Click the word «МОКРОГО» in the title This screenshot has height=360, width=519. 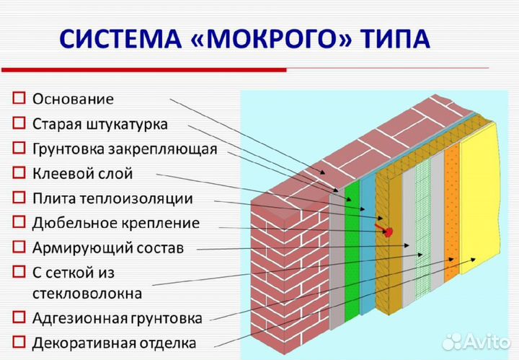tap(270, 39)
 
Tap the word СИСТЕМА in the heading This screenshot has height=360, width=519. tap(120, 39)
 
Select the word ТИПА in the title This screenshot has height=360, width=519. tap(395, 39)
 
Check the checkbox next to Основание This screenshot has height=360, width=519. tap(19, 98)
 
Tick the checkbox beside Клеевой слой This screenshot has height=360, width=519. tap(19, 172)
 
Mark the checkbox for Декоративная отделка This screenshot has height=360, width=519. tap(19, 342)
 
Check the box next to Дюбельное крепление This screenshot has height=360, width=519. tap(19, 222)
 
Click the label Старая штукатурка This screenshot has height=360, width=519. tap(100, 125)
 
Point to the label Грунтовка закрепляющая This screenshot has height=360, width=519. tap(125, 149)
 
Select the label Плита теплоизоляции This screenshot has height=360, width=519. tap(112, 198)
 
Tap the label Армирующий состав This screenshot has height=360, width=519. tap(108, 248)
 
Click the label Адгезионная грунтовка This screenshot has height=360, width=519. tap(117, 318)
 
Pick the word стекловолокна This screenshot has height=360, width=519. tap(87, 294)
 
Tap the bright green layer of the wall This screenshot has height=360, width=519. tap(352, 252)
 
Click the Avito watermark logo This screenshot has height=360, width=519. tap(476, 341)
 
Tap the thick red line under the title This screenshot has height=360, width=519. tap(144, 70)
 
